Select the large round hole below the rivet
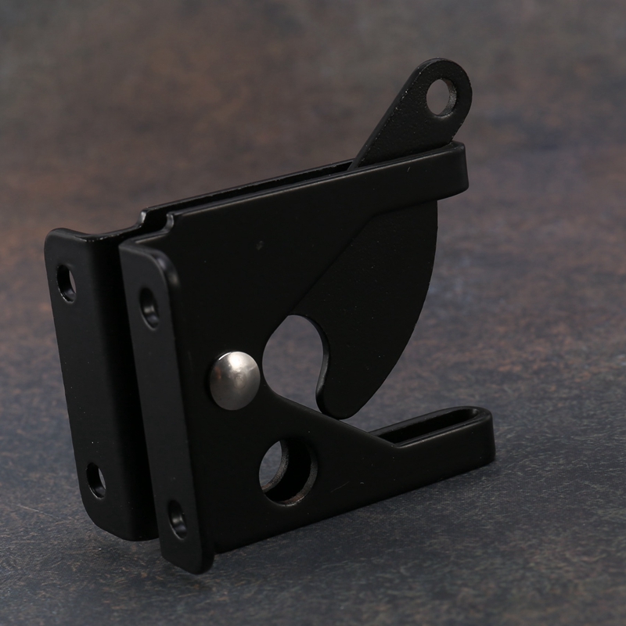pyautogui.click(x=287, y=469)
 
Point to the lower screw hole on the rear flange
pyautogui.click(x=95, y=480)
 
